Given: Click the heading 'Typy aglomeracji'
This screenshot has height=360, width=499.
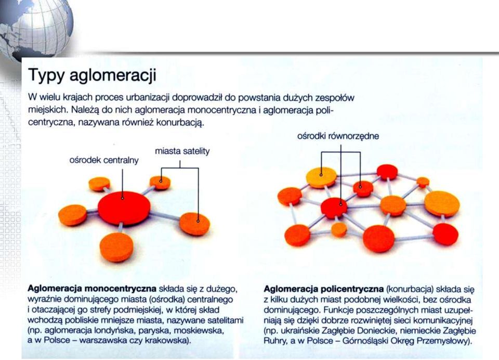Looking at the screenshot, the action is pos(93,75).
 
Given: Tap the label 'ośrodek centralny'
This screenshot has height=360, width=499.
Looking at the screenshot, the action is pos(104,160).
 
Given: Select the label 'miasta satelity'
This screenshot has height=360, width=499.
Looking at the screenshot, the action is pos(182,151).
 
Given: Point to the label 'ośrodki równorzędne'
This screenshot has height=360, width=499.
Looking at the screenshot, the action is pos(338,136).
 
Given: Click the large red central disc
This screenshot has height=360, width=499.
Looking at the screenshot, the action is pos(124,208).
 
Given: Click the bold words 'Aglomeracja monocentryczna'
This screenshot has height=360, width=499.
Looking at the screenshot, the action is pos(92,289).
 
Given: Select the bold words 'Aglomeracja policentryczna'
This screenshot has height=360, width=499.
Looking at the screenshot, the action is pos(324,289).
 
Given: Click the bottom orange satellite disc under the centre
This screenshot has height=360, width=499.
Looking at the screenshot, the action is pos(117,247).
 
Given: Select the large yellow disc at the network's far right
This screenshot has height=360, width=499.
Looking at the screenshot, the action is pos(442,204).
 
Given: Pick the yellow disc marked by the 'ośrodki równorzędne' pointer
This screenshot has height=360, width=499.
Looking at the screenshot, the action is pos(321,177).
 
